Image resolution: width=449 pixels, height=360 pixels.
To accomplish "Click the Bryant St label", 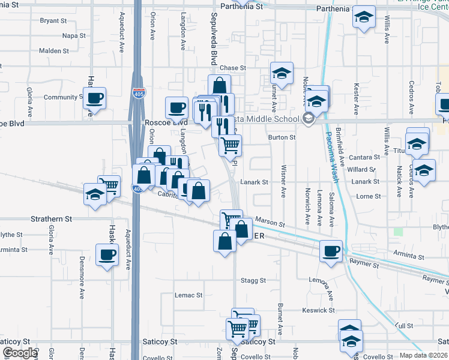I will (x=53, y=20).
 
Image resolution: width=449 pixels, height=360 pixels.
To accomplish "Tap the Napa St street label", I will (x=74, y=35).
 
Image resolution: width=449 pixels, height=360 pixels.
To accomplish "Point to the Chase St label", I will (x=233, y=68).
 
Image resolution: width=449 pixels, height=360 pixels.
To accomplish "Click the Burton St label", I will (x=282, y=137).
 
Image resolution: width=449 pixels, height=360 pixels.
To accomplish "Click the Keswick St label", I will (x=319, y=310).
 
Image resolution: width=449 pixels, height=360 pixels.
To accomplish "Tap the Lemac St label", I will (x=188, y=295).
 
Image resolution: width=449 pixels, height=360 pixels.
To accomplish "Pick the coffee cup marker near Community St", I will (x=95, y=98).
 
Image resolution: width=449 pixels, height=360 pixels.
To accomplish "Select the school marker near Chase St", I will (x=282, y=73).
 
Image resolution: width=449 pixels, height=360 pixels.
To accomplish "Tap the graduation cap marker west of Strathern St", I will (x=95, y=194).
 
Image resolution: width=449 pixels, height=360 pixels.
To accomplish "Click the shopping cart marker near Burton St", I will (x=230, y=144).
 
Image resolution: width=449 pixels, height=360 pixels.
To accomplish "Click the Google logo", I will (x=20, y=353).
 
